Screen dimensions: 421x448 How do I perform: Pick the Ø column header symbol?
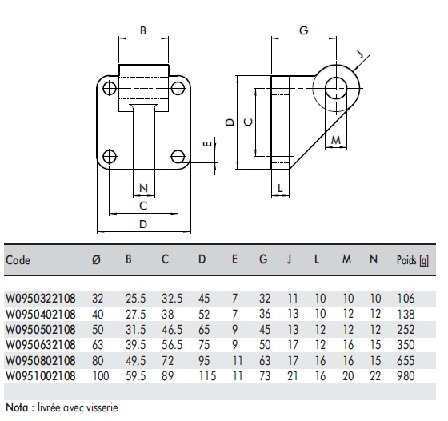point(96,260)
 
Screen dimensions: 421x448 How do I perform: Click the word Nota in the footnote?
point(18,407)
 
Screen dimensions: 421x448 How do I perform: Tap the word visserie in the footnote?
point(100,407)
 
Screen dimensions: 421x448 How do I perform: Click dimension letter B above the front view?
point(143,31)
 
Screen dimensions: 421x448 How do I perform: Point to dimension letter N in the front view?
point(143,189)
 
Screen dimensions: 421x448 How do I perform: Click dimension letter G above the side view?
point(303,30)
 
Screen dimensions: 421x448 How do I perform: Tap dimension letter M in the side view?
point(336,141)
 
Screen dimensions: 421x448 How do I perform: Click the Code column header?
point(18,260)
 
